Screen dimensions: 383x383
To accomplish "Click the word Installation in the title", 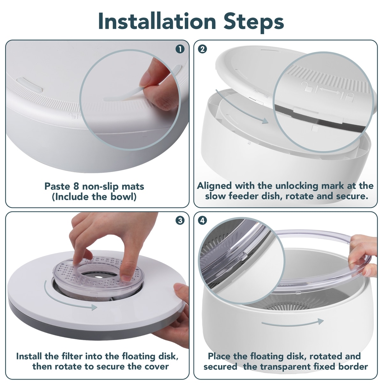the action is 157,21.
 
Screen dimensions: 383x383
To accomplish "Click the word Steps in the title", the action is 254,22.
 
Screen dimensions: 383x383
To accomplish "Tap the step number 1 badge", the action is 180,49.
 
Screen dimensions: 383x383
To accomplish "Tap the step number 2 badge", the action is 203,49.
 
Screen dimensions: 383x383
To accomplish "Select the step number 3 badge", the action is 180,221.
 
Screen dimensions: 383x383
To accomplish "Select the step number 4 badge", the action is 203,221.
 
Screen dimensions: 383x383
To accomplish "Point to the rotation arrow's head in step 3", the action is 94,307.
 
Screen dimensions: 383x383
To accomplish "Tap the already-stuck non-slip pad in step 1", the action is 30,85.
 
